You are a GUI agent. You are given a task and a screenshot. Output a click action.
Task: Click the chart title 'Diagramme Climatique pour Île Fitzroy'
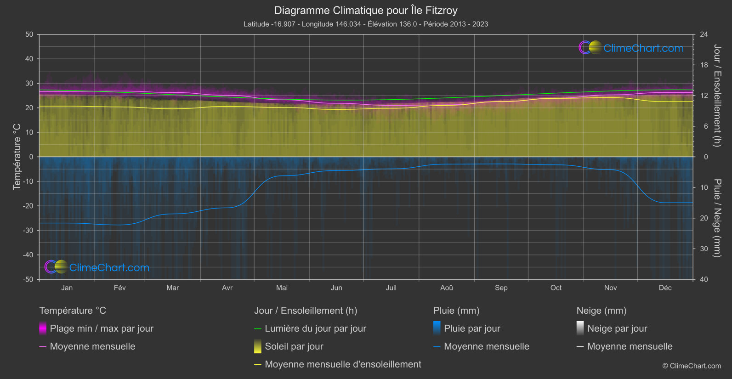click(x=366, y=10)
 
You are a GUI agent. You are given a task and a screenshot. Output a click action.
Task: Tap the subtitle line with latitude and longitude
click(x=366, y=24)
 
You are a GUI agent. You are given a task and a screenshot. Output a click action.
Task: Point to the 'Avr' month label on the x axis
click(x=227, y=288)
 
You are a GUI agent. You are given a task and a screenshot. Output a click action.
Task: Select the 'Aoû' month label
click(x=446, y=288)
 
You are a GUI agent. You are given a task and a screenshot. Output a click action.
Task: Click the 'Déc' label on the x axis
click(x=665, y=288)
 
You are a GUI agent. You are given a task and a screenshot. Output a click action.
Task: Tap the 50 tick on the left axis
click(x=29, y=34)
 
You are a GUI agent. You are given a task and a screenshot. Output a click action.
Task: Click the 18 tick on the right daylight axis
click(x=704, y=65)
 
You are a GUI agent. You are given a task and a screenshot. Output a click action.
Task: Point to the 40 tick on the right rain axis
click(x=704, y=279)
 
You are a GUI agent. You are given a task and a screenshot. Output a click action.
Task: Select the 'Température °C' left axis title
click(x=17, y=157)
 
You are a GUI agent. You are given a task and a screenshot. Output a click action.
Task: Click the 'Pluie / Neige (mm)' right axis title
click(x=717, y=218)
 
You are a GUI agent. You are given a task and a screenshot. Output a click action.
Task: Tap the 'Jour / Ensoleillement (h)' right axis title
click(x=717, y=96)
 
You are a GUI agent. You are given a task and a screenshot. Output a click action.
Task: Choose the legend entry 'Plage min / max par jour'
click(x=102, y=328)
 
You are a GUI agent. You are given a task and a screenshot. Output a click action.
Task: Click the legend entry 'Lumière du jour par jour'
click(x=315, y=328)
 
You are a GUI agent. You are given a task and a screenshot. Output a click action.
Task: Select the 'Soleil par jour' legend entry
click(x=294, y=346)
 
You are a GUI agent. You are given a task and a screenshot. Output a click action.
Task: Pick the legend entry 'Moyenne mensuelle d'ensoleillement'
click(x=343, y=364)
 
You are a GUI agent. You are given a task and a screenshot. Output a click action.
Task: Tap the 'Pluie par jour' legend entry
click(x=472, y=328)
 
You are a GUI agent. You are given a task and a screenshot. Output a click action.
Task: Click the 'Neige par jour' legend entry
click(x=617, y=328)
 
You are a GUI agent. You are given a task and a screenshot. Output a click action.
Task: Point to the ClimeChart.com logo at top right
click(x=631, y=48)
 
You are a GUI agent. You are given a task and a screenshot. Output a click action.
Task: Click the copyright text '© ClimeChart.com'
click(x=692, y=366)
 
